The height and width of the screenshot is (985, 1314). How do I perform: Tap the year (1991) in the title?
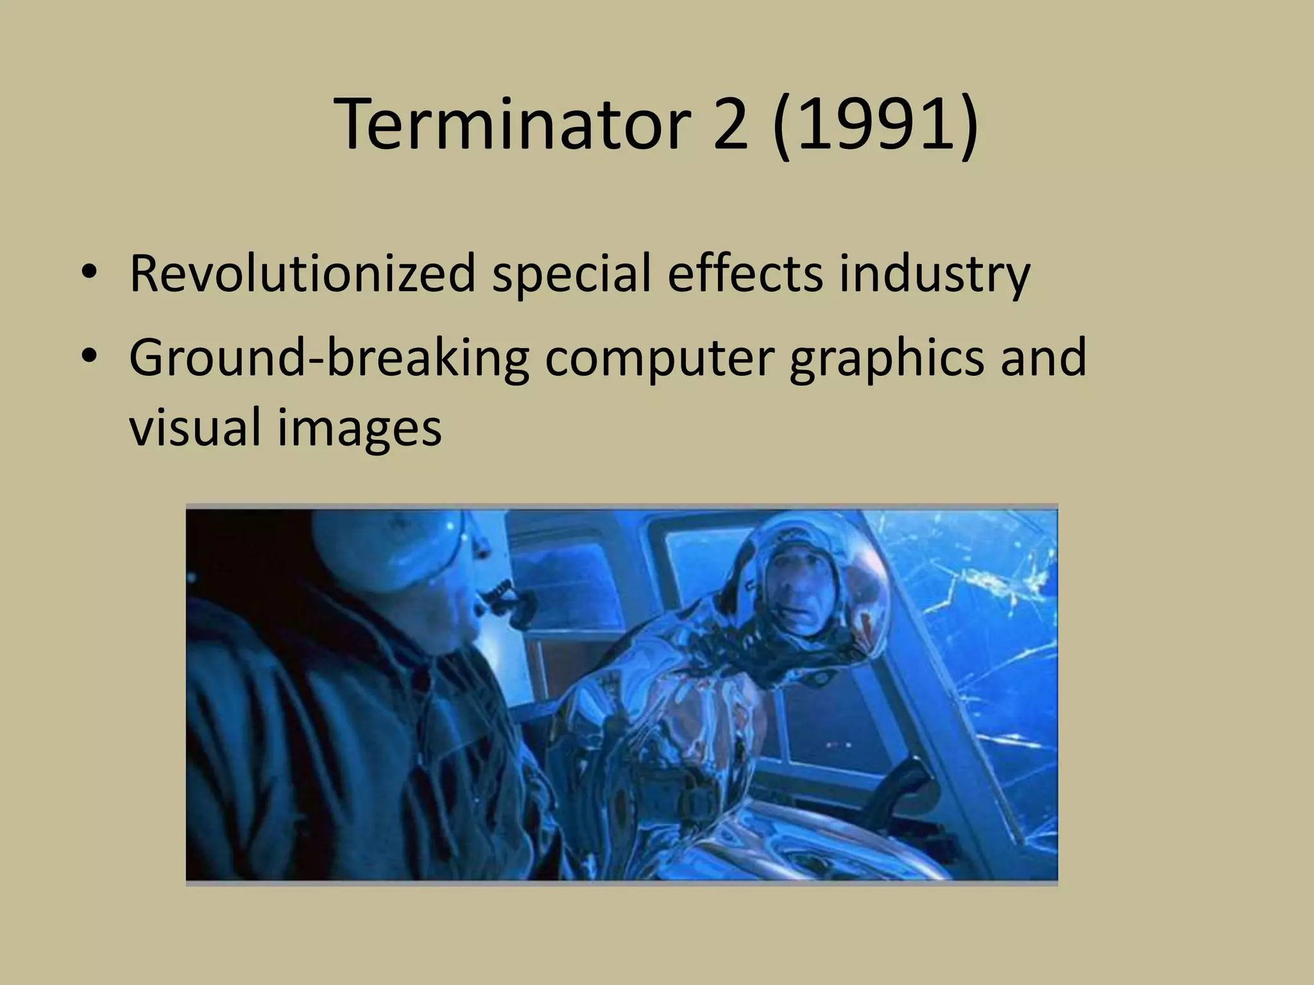(876, 125)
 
